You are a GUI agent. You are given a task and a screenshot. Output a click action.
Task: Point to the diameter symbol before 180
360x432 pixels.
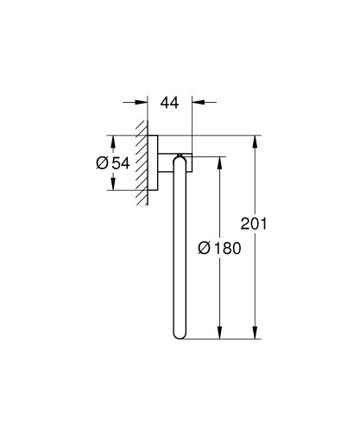[205, 248]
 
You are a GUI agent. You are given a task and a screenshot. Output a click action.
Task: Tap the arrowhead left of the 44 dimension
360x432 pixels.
[141, 102]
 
